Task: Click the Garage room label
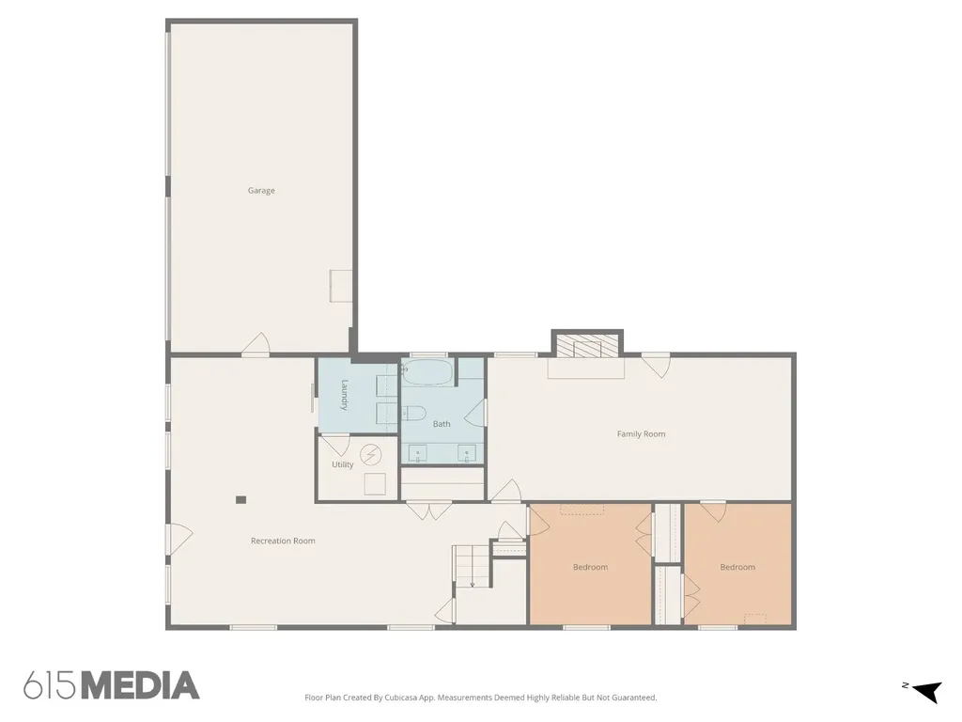261,190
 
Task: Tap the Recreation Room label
283,541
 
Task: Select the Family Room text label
641,434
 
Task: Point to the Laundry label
344,395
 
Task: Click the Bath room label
442,424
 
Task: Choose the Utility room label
343,464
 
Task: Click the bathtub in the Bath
427,372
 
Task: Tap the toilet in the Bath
414,414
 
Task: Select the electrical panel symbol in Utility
370,455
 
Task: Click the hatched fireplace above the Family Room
587,346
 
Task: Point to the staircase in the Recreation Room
473,566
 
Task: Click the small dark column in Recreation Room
241,500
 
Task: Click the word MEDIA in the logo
141,685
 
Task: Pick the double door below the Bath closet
429,510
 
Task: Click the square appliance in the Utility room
376,484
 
